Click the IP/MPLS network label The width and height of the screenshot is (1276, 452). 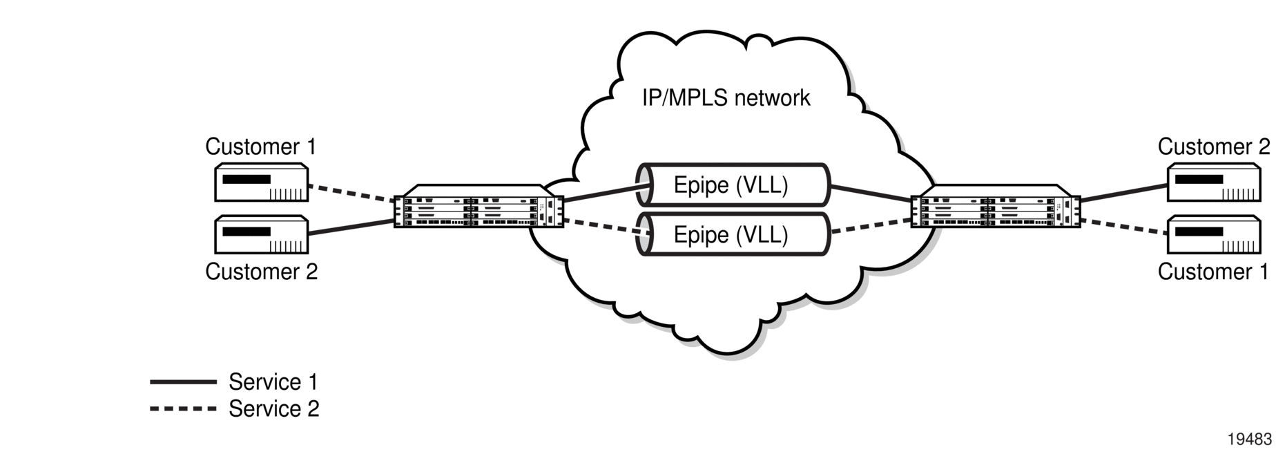pyautogui.click(x=726, y=98)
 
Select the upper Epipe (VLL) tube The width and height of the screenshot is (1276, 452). pyautogui.click(x=733, y=185)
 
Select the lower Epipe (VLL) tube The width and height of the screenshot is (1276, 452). pyautogui.click(x=733, y=234)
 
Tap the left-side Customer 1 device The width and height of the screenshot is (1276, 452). pyautogui.click(x=261, y=182)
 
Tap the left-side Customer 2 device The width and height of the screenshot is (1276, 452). pyautogui.click(x=261, y=235)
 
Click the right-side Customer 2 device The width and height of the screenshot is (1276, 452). pyautogui.click(x=1213, y=182)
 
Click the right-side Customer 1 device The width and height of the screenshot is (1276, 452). pyautogui.click(x=1213, y=235)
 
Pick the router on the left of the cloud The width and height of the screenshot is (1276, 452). pyautogui.click(x=478, y=206)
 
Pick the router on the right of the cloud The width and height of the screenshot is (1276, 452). pyautogui.click(x=996, y=206)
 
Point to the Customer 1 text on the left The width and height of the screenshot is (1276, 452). pyautogui.click(x=261, y=147)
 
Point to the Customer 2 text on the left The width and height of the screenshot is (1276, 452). pyautogui.click(x=261, y=272)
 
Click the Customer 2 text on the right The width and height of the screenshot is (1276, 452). pyautogui.click(x=1214, y=147)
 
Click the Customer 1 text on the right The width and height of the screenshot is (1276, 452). pyautogui.click(x=1213, y=272)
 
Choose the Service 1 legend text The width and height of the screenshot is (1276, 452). pyautogui.click(x=273, y=382)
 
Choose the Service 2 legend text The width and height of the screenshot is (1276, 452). pyautogui.click(x=274, y=408)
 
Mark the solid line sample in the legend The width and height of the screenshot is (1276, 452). pyautogui.click(x=183, y=382)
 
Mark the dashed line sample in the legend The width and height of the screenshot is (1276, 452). pyautogui.click(x=183, y=408)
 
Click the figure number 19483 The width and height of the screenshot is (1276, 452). pyautogui.click(x=1249, y=440)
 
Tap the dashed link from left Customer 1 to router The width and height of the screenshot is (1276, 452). pyautogui.click(x=351, y=193)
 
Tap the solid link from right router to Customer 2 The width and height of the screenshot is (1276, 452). pyautogui.click(x=1123, y=193)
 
